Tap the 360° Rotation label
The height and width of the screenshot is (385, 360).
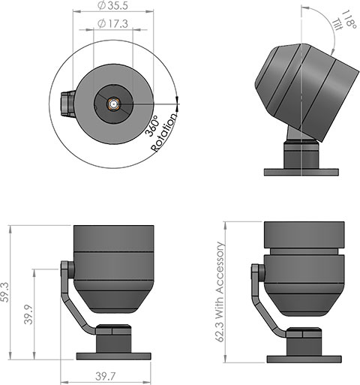(x=163, y=134)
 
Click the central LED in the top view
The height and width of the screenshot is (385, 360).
(x=112, y=104)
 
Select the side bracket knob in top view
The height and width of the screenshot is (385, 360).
(x=64, y=104)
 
